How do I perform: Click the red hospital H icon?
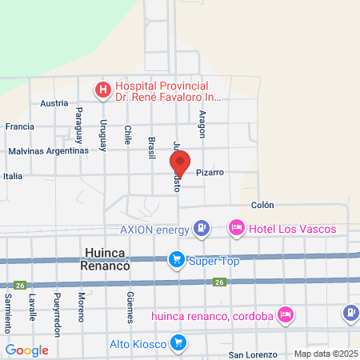pyautogui.click(x=103, y=90)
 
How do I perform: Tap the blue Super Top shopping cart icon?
pyautogui.click(x=175, y=260)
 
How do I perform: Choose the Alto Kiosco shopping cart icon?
pyautogui.click(x=179, y=344)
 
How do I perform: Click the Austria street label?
pyautogui.click(x=54, y=103)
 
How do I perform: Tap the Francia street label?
pyautogui.click(x=19, y=126)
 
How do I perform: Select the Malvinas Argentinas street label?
pyautogui.click(x=48, y=150)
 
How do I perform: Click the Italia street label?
pyautogui.click(x=13, y=176)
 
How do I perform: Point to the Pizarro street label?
pyautogui.click(x=207, y=172)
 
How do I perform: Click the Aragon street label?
pyautogui.click(x=202, y=123)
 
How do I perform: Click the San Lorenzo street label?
pyautogui.click(x=252, y=354)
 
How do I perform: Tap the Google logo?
pyautogui.click(x=26, y=350)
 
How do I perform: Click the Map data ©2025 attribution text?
pyautogui.click(x=326, y=354)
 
